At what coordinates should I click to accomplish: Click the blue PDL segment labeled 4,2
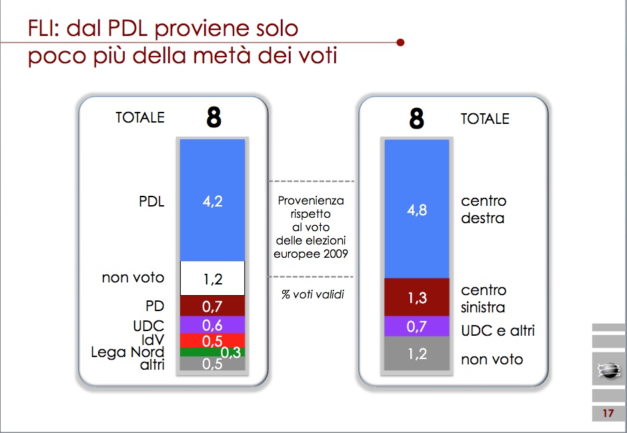coord(212,200)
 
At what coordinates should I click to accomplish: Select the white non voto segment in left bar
coord(212,278)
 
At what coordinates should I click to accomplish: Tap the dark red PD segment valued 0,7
coord(212,306)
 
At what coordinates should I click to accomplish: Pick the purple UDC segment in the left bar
coord(212,325)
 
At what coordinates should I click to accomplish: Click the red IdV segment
coord(212,340)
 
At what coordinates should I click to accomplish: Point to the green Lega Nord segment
coord(212,352)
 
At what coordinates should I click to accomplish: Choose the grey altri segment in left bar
coord(212,364)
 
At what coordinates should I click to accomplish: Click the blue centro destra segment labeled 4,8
coord(417,209)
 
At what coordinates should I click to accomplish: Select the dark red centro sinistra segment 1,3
coord(417,297)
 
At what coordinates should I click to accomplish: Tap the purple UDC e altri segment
coord(417,326)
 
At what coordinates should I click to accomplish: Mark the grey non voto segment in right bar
coord(417,354)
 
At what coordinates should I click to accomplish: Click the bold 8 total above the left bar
coord(214,117)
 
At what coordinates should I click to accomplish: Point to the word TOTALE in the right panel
coord(485,119)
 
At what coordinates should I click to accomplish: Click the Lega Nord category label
coord(127,352)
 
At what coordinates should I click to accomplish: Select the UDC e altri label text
coord(498,330)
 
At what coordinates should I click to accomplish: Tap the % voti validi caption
coord(313,294)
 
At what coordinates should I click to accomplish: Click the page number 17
coord(608,413)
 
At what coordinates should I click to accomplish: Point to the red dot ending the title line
coord(400,43)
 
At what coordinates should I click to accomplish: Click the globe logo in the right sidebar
coord(608,370)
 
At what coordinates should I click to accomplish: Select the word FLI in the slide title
coord(43,29)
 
